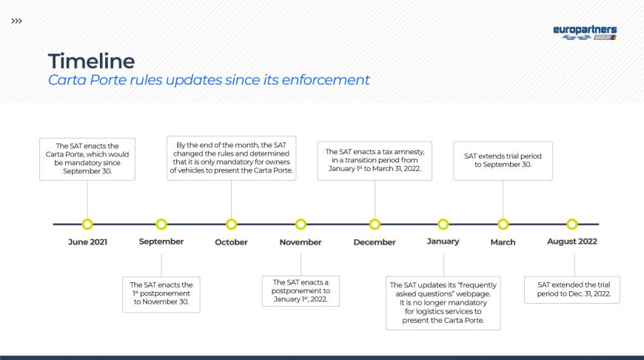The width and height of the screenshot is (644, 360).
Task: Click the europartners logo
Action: [x=585, y=33]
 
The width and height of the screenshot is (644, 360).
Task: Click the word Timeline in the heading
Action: [x=91, y=61]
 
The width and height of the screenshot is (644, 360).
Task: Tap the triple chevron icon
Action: [x=16, y=21]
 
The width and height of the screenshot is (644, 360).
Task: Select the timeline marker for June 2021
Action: [x=87, y=224]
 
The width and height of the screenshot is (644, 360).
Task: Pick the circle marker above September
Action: [x=161, y=224]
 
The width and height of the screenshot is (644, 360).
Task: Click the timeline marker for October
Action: [x=231, y=224]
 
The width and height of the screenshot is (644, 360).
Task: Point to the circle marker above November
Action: [x=301, y=224]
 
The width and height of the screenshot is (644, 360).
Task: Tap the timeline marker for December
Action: [x=375, y=224]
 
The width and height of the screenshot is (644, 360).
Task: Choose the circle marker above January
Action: [x=443, y=224]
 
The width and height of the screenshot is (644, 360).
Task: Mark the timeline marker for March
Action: [x=503, y=224]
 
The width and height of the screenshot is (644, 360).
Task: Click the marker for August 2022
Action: [x=571, y=224]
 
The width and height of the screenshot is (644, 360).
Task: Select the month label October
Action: [x=231, y=242]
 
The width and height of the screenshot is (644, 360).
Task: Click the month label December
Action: [x=375, y=242]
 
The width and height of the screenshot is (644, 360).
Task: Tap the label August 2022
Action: [x=571, y=241]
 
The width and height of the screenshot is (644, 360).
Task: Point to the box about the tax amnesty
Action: [x=375, y=161]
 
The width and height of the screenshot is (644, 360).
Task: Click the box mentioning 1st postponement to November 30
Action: [x=161, y=295]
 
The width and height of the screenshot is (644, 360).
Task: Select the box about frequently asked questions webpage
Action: [x=443, y=303]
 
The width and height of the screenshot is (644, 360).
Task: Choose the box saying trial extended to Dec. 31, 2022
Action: [x=572, y=290]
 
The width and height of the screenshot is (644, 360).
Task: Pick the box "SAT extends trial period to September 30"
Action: [x=503, y=161]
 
